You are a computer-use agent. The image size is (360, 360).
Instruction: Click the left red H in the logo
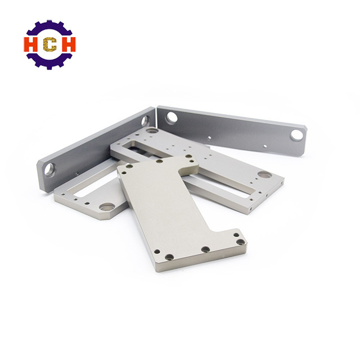coord(31,44)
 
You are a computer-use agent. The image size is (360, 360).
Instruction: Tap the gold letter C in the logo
coord(50,44)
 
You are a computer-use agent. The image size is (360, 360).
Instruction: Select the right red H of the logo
coord(67,44)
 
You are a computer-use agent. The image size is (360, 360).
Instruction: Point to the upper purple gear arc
coord(49,28)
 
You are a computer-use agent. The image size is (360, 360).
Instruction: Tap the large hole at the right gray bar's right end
coord(297,135)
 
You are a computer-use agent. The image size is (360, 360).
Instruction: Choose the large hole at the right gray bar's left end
coord(172,117)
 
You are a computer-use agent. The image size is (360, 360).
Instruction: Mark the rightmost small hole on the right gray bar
coord(265,146)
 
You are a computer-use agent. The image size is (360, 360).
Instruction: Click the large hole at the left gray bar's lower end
coord(50,170)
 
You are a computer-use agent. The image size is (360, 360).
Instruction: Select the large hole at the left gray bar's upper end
coord(145,121)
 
